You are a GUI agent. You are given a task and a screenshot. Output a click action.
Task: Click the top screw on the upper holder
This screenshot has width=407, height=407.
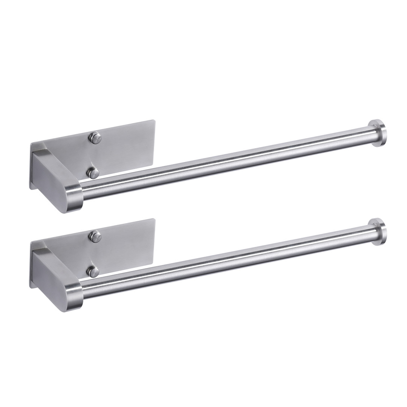click(x=95, y=138)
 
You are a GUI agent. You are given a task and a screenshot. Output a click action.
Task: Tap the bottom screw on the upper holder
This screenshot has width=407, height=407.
click(x=93, y=173)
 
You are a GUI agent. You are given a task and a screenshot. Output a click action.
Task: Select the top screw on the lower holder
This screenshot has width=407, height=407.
click(x=95, y=236)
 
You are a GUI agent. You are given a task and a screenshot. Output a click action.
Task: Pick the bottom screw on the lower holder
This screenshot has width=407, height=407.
click(x=93, y=271)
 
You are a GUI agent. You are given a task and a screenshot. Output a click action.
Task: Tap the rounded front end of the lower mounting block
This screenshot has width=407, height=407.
click(x=73, y=298)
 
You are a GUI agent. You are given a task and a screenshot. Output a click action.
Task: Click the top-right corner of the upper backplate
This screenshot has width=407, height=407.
click(x=154, y=121)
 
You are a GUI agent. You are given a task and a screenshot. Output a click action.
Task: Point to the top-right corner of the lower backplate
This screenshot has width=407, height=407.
click(x=154, y=220)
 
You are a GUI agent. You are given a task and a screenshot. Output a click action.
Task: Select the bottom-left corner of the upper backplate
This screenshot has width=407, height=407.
click(x=31, y=187)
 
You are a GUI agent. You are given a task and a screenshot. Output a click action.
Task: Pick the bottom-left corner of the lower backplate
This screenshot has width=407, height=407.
click(x=31, y=286)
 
